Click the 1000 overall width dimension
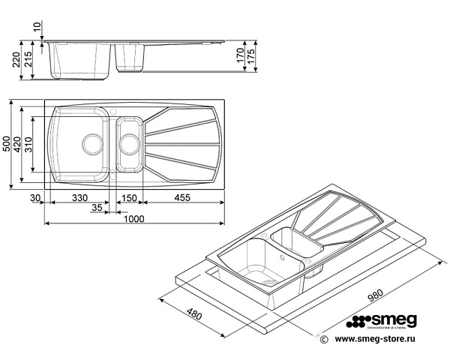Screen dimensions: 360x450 [133, 218]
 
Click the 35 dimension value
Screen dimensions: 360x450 [97, 208]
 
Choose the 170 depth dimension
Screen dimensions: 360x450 [240, 56]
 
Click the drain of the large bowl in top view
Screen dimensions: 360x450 [91, 142]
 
